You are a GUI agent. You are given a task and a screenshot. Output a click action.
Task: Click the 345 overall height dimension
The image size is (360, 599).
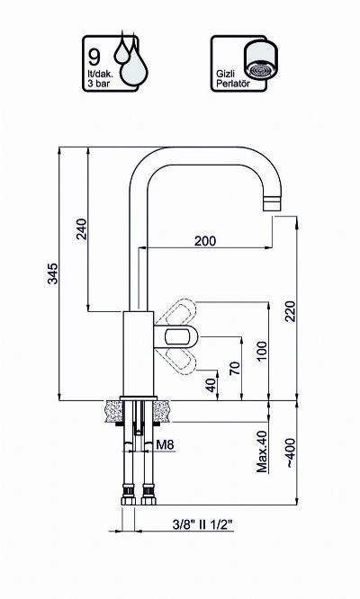pyautogui.click(x=53, y=273)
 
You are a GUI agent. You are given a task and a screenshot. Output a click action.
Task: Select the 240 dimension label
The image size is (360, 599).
pyautogui.click(x=81, y=228)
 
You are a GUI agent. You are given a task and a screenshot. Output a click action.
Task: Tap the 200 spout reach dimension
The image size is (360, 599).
pyautogui.click(x=205, y=241)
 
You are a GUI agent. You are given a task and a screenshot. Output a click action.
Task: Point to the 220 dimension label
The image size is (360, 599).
pyautogui.click(x=291, y=311)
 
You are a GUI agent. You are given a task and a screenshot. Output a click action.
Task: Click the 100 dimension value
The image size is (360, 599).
pyautogui.click(x=262, y=352)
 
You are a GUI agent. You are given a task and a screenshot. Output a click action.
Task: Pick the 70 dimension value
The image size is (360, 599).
pyautogui.click(x=236, y=368)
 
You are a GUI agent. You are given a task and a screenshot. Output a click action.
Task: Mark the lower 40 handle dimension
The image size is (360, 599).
pyautogui.click(x=211, y=385)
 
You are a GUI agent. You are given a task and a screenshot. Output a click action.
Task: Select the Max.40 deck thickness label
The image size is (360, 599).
pyautogui.click(x=262, y=451)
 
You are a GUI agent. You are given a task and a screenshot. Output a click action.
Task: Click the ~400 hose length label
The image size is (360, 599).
pyautogui.click(x=291, y=453)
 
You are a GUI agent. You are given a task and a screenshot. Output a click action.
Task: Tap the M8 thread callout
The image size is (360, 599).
pyautogui.click(x=165, y=444)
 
